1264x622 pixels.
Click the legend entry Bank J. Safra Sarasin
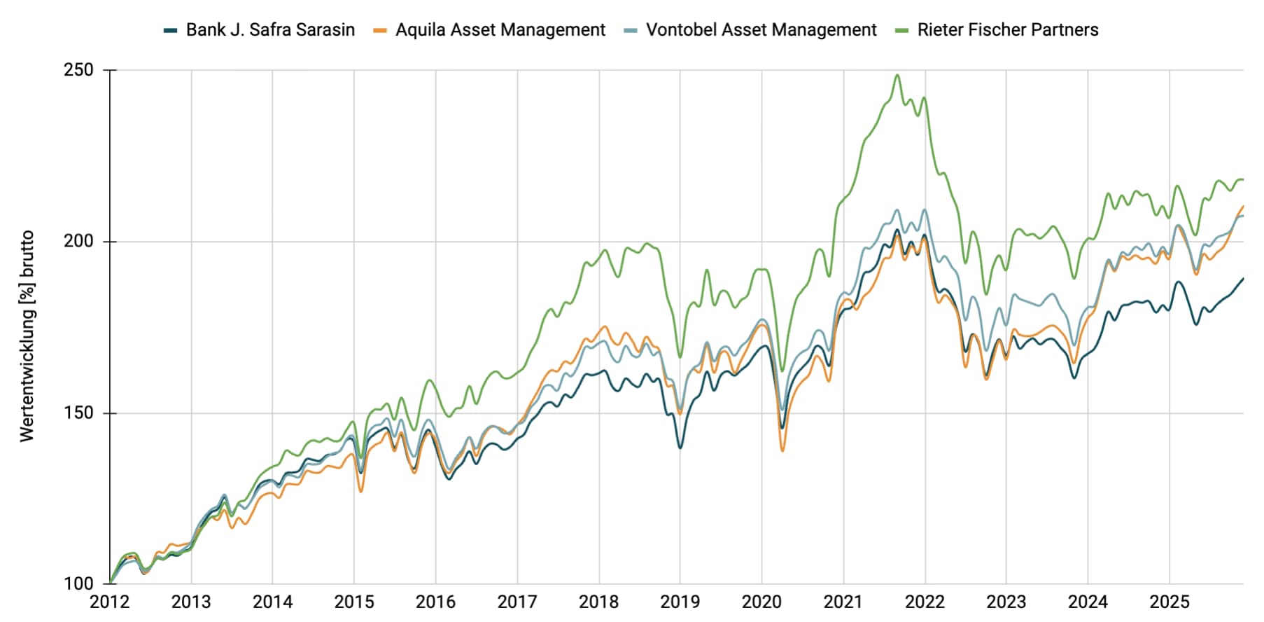(269, 30)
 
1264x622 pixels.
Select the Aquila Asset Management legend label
(500, 30)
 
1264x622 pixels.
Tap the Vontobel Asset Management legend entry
(760, 30)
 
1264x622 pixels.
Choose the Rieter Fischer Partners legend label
(1007, 30)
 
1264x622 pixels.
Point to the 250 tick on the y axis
(78, 70)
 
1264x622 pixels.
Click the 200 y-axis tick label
(78, 242)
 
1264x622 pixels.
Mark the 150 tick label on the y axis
(78, 413)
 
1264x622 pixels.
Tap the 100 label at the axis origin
(78, 583)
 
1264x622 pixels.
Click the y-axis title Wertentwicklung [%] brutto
(27, 336)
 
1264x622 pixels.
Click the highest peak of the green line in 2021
(897, 75)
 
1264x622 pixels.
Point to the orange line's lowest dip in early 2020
(782, 450)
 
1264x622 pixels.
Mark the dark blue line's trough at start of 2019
(680, 448)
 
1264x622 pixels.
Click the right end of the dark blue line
(1243, 279)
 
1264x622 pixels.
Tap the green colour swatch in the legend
(902, 30)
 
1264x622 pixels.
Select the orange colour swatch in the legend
(380, 30)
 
